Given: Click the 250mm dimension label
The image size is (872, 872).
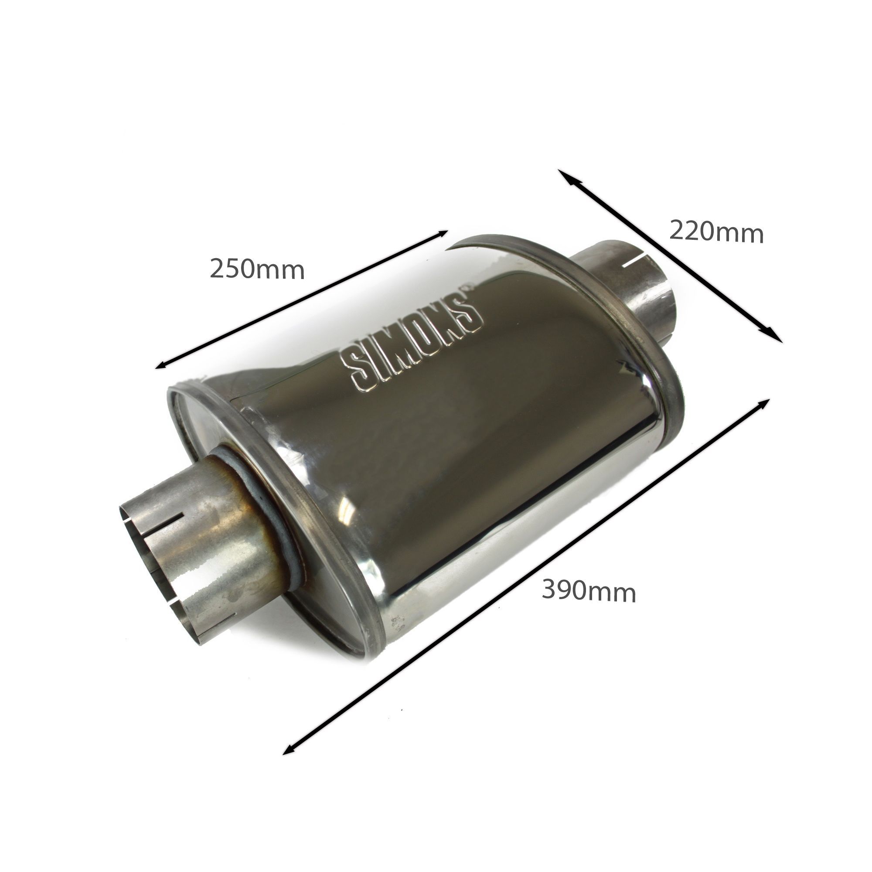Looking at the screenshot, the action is (x=257, y=270).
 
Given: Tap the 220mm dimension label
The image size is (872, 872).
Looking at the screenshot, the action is (x=716, y=232).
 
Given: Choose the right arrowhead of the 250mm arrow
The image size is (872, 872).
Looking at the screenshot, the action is (x=440, y=234).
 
